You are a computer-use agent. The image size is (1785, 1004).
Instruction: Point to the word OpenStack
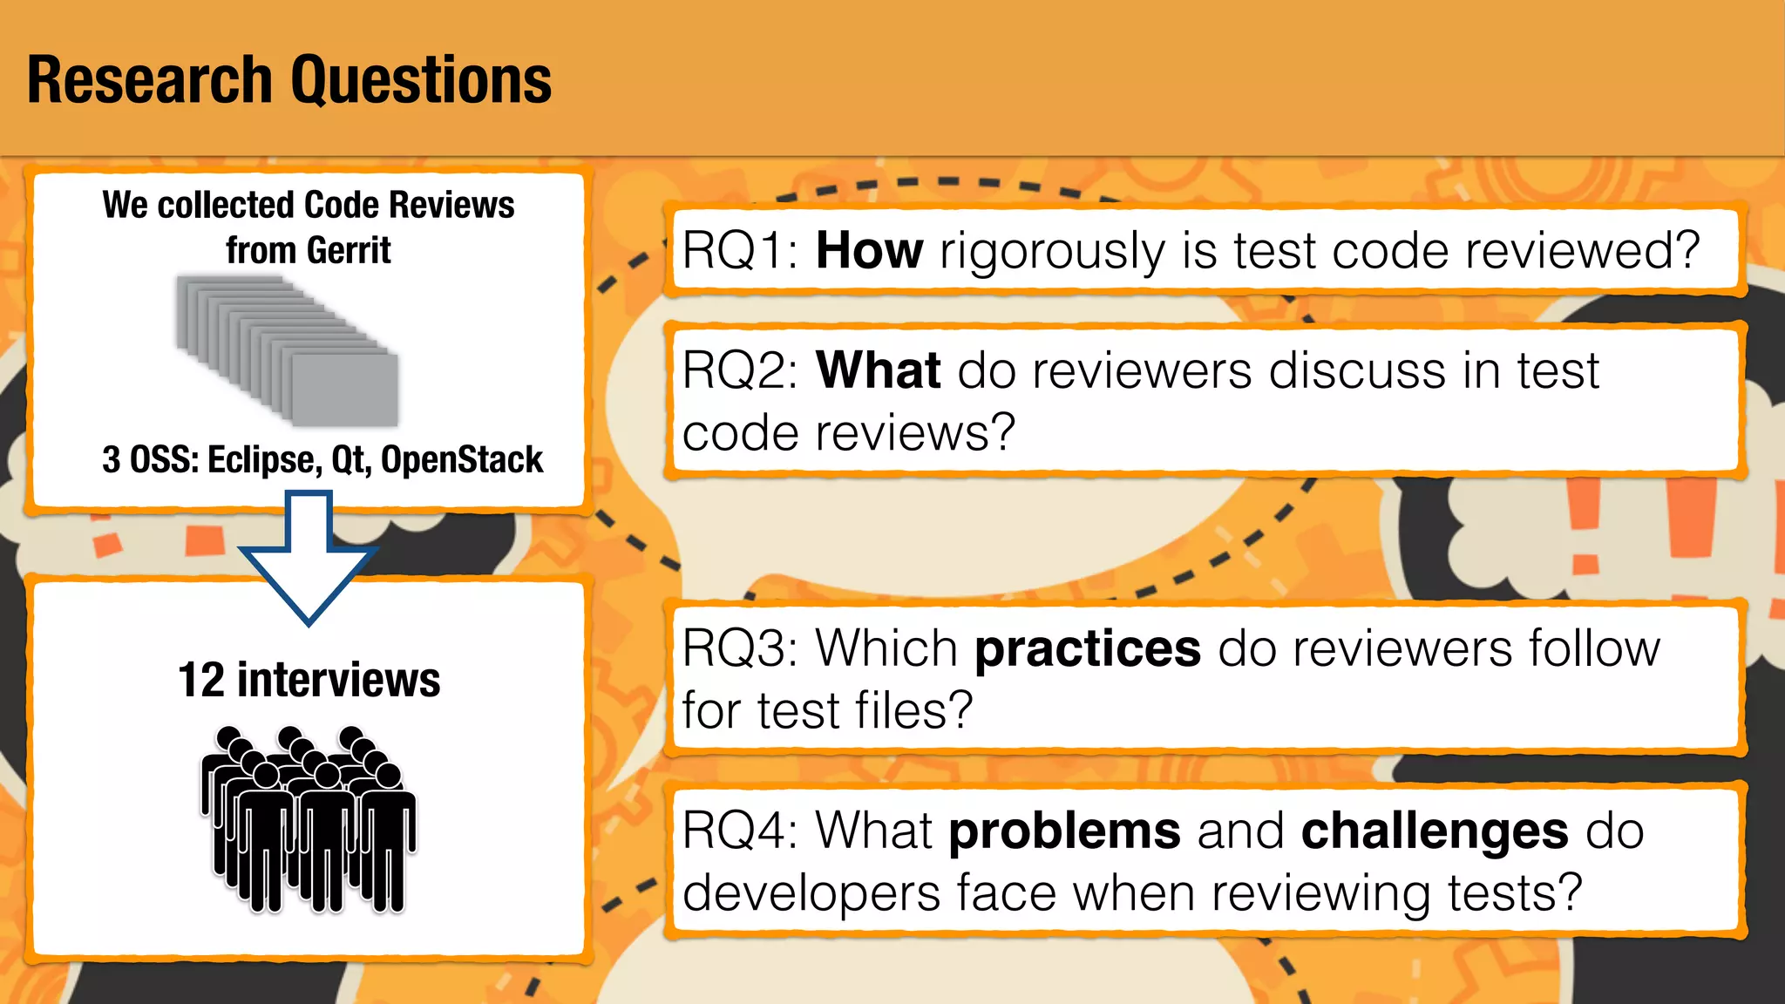(x=462, y=460)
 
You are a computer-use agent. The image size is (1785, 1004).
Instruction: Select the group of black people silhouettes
(x=309, y=819)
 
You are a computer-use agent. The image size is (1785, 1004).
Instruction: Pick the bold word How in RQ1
(x=869, y=251)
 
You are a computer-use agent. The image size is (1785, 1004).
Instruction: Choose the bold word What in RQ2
(x=878, y=370)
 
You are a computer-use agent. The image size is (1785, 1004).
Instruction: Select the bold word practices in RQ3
(x=1087, y=650)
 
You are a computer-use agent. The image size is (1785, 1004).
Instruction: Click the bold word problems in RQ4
(x=1064, y=831)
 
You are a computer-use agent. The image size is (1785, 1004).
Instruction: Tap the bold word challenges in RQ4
(x=1434, y=831)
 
